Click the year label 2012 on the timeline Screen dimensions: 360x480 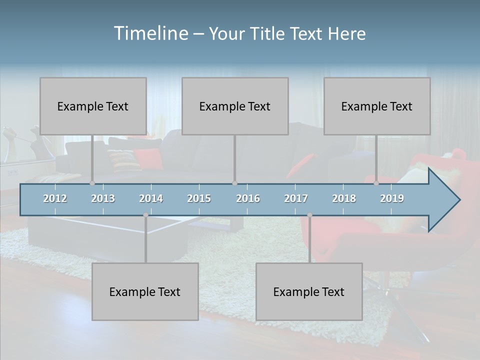point(55,198)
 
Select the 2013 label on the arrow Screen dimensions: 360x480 point(103,198)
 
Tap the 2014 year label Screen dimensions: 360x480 point(151,198)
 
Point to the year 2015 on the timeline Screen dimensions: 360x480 point(199,198)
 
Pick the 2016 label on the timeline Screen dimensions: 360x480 point(248,198)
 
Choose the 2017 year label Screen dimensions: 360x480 point(296,198)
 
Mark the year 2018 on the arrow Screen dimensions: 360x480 point(344,198)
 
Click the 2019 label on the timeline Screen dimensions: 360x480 point(392,198)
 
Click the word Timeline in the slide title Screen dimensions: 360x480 point(150,33)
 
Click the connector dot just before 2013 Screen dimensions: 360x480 point(92,183)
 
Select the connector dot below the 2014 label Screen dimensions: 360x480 point(145,215)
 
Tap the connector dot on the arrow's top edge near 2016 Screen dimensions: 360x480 point(234,183)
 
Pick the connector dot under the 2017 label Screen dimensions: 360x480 point(309,215)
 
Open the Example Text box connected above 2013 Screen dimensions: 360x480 point(93,106)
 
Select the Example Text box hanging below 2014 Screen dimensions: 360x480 point(145,291)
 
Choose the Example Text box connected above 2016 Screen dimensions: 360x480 point(235,106)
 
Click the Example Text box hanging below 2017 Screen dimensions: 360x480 point(309,291)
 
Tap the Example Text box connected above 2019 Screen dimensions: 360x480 point(377,106)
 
